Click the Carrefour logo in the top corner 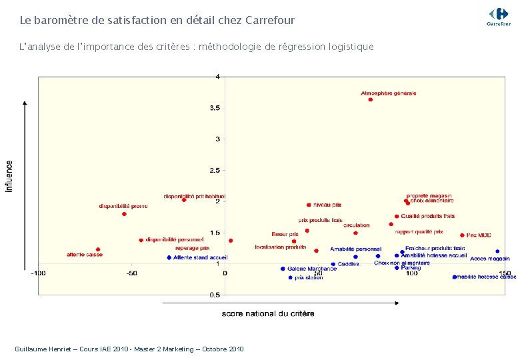498,15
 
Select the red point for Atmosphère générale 371,99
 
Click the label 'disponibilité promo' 123,206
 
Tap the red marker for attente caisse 98,249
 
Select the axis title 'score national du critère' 268,313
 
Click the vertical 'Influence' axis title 9,176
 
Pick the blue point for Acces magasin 497,251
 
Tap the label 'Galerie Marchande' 312,269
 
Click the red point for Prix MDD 462,235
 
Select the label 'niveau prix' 327,205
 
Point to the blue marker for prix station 291,277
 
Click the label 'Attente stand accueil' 201,257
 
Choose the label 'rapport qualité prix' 419,232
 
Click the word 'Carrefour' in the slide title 270,21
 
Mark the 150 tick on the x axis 505,273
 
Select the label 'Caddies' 348,264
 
